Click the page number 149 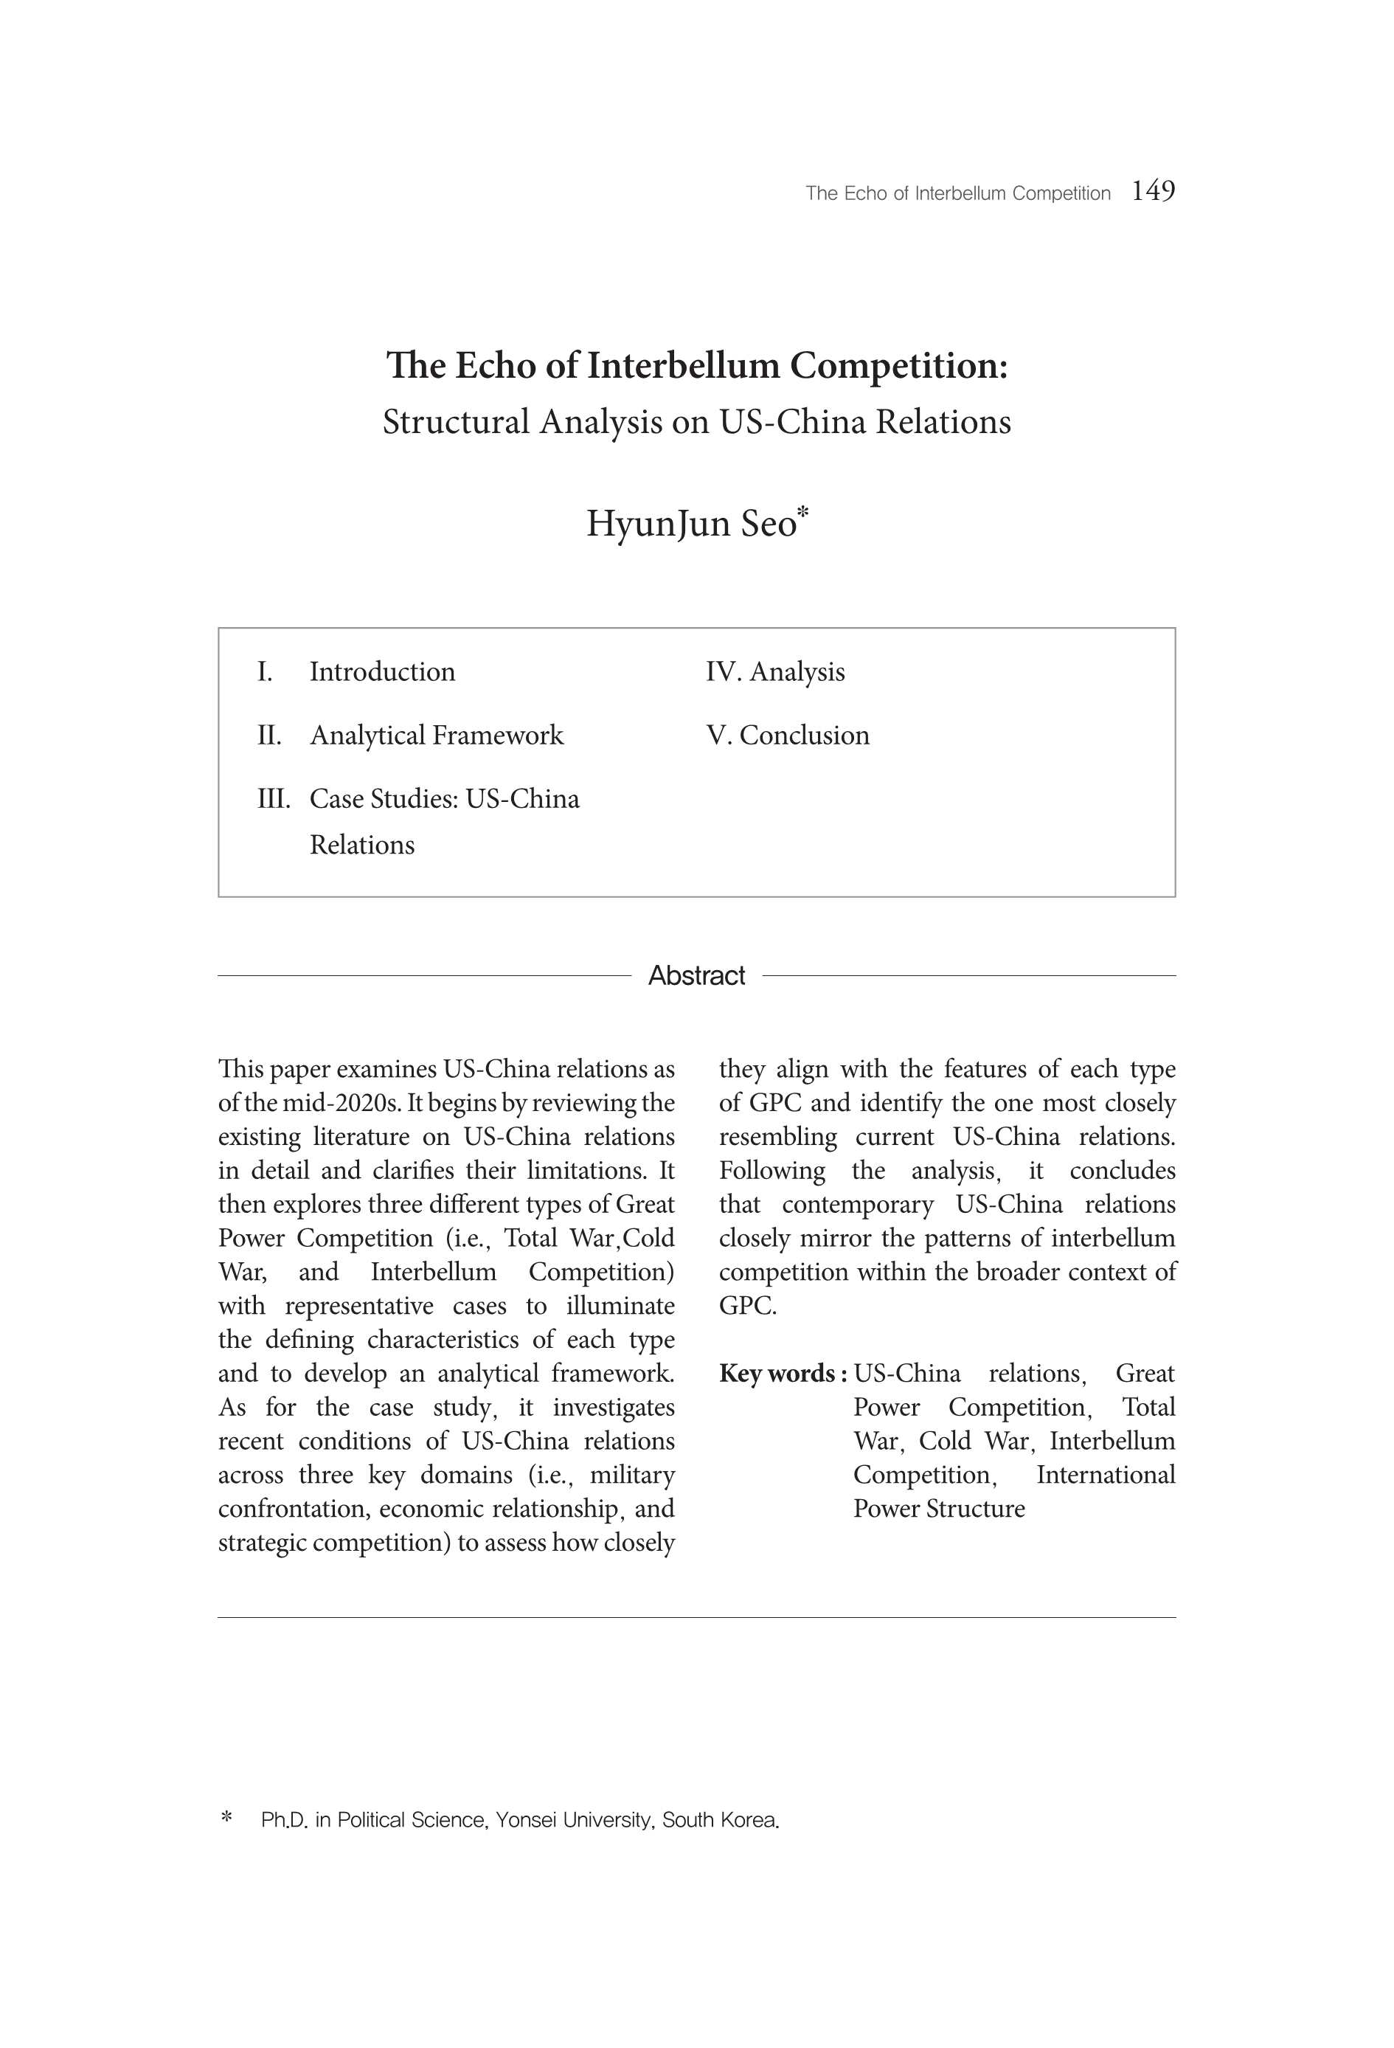[1153, 190]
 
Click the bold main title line [696, 365]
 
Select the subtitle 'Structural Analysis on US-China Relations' [696, 421]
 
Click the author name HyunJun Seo [691, 524]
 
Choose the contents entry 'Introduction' [382, 671]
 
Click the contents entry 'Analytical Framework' [436, 735]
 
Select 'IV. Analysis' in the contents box [774, 671]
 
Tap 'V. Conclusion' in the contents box [787, 735]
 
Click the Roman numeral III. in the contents [273, 798]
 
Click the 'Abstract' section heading [696, 975]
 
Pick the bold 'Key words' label [783, 1373]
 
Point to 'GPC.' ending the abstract [747, 1305]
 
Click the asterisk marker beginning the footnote [226, 1817]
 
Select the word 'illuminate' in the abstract [620, 1305]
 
